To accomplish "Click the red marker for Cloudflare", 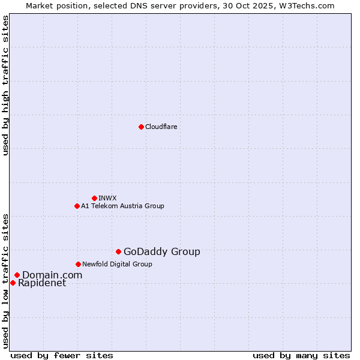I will point(141,127).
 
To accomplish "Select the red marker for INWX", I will point(94,198).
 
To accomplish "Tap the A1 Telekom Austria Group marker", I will point(77,206).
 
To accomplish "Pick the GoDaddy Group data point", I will point(118,251).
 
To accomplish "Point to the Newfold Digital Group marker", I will point(78,264).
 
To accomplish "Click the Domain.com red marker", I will point(17,275).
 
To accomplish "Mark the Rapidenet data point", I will point(13,283).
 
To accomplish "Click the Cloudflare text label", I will point(161,127).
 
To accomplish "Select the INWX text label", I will point(107,198).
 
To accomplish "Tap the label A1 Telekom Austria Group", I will point(122,206).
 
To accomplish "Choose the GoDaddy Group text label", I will point(161,252).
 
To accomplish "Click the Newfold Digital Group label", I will point(117,264).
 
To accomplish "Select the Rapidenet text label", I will point(42,283).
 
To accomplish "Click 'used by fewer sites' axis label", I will point(62,355).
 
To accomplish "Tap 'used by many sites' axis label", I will point(301,355).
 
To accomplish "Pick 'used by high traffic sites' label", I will point(5,85).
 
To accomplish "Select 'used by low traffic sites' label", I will point(5,281).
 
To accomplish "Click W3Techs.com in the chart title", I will point(309,5).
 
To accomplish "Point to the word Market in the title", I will point(39,5).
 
